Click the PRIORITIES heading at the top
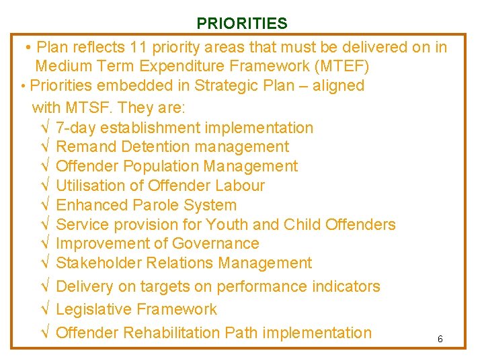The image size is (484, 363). pyautogui.click(x=241, y=24)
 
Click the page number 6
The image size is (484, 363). pyautogui.click(x=440, y=339)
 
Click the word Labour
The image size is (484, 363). pyautogui.click(x=240, y=186)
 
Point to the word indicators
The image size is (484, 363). pyautogui.click(x=346, y=286)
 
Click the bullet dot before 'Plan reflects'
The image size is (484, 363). pyautogui.click(x=28, y=48)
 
